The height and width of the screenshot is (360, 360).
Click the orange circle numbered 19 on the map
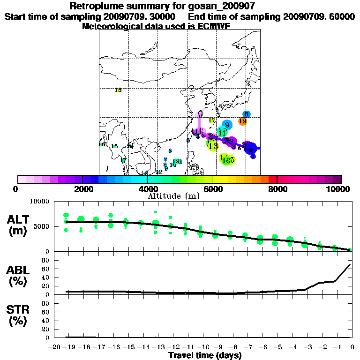[x=242, y=121]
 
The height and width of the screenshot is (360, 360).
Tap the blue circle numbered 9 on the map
[x=227, y=125]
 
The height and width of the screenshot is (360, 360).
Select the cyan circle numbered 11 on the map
[x=222, y=132]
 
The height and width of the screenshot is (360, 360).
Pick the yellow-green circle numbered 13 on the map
[x=213, y=145]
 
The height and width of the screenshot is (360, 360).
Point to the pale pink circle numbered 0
[x=200, y=114]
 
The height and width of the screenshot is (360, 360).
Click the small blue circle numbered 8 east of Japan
[x=246, y=114]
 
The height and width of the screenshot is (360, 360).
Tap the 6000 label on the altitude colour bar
[x=212, y=189]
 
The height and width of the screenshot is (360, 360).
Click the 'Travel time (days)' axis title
[x=205, y=356]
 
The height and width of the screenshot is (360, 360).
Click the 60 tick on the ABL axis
[x=46, y=269]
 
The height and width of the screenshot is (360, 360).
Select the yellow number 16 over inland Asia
[x=118, y=90]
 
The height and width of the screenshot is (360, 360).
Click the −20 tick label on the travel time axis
[x=54, y=347]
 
